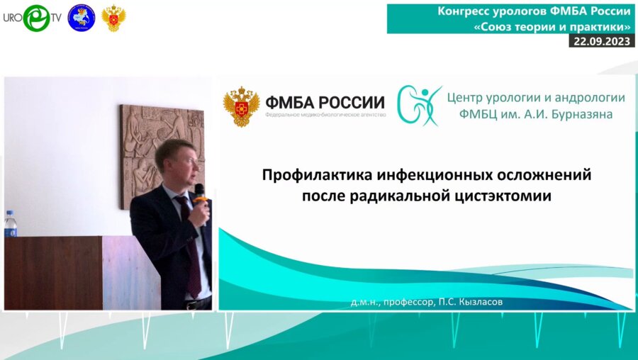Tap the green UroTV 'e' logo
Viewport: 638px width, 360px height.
[36, 18]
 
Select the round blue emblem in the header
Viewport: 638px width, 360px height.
[81, 18]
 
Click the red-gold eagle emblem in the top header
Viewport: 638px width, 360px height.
[114, 18]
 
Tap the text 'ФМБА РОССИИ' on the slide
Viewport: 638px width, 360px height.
[324, 102]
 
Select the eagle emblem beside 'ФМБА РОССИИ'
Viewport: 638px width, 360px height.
[241, 107]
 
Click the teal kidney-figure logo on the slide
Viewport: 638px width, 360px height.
[419, 106]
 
